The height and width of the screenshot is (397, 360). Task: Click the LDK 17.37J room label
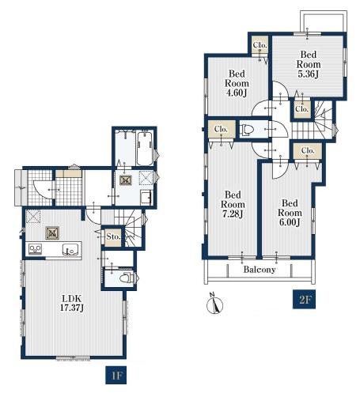pos(72,303)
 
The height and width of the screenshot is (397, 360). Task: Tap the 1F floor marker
pos(116,375)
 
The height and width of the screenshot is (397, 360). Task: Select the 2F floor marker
pos(304,300)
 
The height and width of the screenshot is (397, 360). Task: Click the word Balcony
pos(260,270)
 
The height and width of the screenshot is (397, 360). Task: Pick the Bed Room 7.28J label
pos(233,204)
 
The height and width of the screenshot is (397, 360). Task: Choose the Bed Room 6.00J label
pos(290,213)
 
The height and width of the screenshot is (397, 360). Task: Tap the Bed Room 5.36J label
pos(309,64)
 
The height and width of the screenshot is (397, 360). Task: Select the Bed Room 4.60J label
pos(237,83)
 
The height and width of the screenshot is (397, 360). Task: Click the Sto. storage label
pos(113,236)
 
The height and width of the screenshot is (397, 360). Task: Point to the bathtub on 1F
pos(145,149)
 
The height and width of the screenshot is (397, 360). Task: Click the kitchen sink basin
pos(70,249)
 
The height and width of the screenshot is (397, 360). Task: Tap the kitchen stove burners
pos(35,249)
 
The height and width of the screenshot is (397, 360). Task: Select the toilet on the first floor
pos(126,278)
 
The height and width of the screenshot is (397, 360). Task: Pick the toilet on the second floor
pos(247,130)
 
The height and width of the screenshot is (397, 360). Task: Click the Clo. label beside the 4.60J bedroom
pos(260,45)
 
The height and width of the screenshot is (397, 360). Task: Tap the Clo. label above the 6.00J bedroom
pos(308,150)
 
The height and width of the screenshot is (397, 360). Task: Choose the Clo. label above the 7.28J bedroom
pos(221,129)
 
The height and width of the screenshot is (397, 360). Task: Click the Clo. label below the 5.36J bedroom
pos(301,108)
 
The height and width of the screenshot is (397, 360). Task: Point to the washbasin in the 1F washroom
pos(146,197)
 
